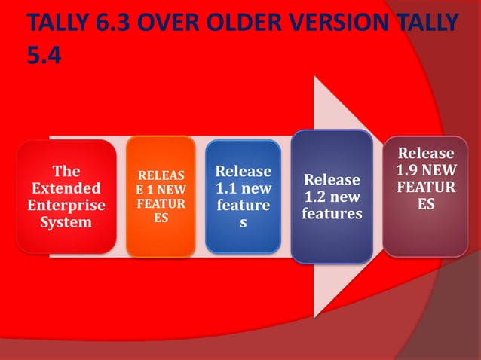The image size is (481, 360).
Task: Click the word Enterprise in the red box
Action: pos(66,205)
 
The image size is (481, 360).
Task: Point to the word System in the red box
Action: pos(66,222)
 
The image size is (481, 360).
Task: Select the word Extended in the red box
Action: pos(66,188)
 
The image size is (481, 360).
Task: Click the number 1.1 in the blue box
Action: pos(228,188)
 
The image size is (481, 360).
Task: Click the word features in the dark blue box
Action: pos(332,215)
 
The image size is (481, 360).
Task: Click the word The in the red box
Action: pos(66,171)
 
